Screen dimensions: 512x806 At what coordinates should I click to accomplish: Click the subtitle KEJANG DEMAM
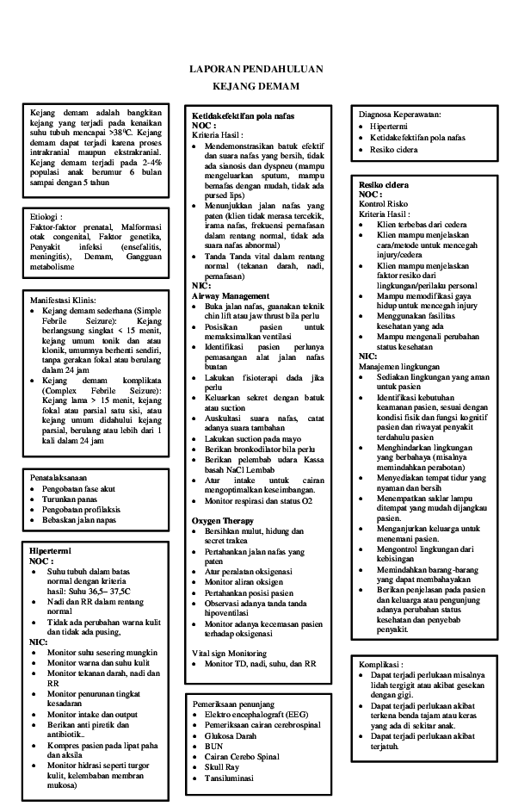[x=256, y=87]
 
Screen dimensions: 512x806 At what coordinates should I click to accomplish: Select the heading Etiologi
[x=46, y=218]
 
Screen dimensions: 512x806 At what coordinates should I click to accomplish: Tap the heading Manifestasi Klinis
[x=65, y=300]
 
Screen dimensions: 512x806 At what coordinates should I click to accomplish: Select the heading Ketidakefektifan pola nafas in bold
[x=243, y=115]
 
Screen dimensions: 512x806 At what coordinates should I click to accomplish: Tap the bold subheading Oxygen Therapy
[x=223, y=521]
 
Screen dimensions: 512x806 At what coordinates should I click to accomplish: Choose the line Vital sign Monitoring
[x=229, y=654]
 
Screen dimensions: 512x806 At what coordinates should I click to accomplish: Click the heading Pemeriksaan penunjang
[x=233, y=704]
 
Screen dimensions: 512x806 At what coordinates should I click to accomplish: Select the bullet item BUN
[x=213, y=745]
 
